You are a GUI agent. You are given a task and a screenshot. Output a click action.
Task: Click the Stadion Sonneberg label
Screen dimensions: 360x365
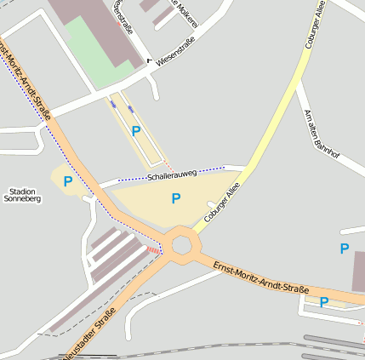(22, 195)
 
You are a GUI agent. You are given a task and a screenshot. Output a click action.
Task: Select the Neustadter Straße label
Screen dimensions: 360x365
(88, 339)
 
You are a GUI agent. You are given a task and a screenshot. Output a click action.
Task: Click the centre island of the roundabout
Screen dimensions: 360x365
(181, 245)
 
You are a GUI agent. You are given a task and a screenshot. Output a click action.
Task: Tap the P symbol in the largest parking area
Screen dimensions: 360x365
(176, 198)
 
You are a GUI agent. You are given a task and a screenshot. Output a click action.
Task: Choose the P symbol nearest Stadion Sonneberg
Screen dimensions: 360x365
(67, 181)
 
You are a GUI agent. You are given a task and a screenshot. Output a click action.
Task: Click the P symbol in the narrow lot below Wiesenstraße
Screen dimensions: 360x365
(136, 131)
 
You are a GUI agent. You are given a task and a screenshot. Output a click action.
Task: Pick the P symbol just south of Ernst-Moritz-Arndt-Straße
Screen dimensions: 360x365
(324, 301)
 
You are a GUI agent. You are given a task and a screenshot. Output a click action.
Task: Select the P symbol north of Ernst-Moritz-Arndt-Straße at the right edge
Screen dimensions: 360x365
(345, 249)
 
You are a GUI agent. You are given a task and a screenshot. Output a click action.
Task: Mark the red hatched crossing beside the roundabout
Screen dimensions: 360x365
(153, 249)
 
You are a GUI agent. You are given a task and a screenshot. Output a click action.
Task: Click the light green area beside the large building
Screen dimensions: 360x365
(94, 51)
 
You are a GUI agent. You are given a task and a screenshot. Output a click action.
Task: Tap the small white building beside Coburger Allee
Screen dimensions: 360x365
(211, 204)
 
